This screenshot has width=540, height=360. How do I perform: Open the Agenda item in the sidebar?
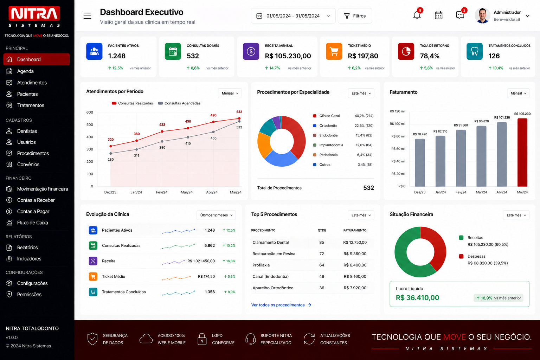tap(25, 71)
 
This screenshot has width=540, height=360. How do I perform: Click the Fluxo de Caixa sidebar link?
tap(32, 223)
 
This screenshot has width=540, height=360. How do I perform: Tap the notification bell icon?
tap(417, 15)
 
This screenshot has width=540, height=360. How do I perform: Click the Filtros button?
tap(355, 16)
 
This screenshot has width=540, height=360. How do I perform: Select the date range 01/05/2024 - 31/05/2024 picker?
tap(293, 16)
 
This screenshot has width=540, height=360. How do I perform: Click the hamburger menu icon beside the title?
tap(87, 16)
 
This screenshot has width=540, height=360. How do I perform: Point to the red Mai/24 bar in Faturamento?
tap(522, 152)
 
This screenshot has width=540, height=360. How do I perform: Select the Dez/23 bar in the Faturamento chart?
tap(420, 162)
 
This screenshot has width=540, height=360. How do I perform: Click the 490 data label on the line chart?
tap(213, 115)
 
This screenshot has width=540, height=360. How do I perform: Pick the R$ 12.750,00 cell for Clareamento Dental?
tap(355, 242)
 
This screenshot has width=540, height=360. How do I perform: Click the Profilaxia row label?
tap(261, 265)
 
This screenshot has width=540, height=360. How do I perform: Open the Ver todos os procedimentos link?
tap(281, 305)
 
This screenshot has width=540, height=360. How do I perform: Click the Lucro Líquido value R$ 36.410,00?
tap(417, 298)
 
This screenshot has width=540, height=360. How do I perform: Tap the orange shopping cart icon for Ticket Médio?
tap(334, 51)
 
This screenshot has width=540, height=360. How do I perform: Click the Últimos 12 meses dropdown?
tap(216, 215)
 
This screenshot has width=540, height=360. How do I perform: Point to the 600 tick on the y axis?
tap(90, 112)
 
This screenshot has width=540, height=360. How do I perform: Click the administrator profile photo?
tap(482, 16)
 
